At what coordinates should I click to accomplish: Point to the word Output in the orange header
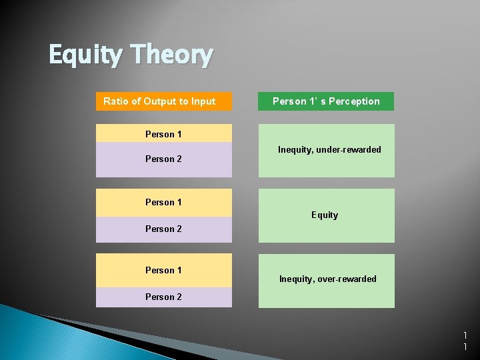(x=159, y=101)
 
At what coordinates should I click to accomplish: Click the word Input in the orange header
(x=203, y=101)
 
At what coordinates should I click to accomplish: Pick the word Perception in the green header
(x=354, y=101)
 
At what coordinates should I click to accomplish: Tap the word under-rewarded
(x=349, y=149)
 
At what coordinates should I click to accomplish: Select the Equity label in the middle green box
(x=325, y=215)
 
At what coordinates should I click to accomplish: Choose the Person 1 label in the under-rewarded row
(x=163, y=134)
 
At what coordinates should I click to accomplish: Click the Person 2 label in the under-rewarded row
(x=163, y=159)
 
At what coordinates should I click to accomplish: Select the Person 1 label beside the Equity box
(x=163, y=202)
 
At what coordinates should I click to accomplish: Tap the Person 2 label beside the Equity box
(x=163, y=229)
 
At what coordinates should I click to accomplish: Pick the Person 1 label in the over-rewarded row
(x=163, y=270)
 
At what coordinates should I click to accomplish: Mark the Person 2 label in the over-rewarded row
(x=163, y=297)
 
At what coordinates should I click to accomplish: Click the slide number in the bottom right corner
(x=465, y=341)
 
